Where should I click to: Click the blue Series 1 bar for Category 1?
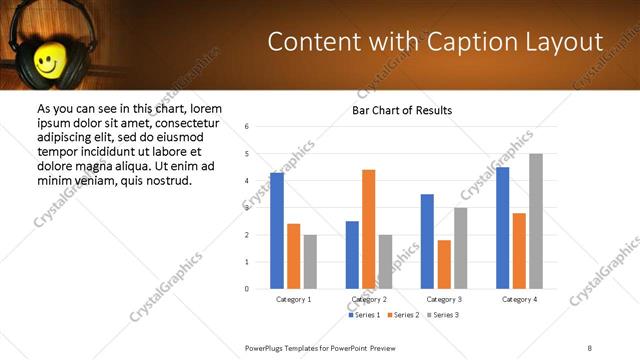pos(277,231)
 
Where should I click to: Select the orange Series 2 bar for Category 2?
pos(368,229)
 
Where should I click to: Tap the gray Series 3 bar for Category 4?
pos(536,221)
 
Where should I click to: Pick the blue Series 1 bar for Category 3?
pos(427,241)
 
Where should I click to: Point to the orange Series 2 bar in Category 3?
pos(444,264)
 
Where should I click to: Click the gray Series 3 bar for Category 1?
pos(310,262)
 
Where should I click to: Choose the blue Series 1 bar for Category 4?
pos(502,228)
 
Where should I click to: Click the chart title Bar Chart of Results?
pos(402,110)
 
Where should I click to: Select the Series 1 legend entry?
pos(364,315)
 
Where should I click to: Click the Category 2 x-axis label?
pos(369,299)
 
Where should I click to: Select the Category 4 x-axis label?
pos(519,299)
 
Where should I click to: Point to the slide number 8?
pos(590,347)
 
